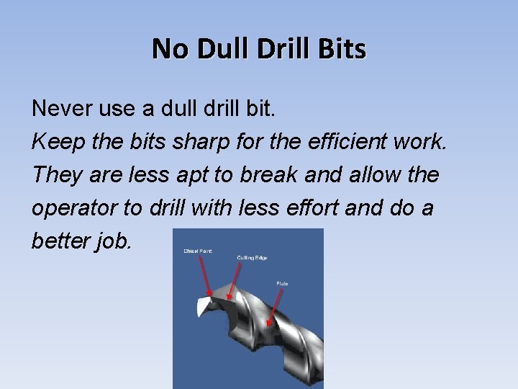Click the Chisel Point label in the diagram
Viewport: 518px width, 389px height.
coord(197,250)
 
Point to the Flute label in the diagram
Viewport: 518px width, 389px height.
coord(282,284)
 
